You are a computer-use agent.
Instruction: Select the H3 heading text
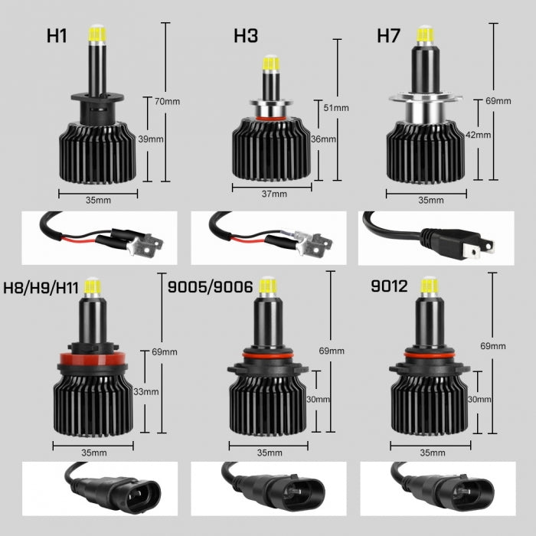pyautogui.click(x=245, y=35)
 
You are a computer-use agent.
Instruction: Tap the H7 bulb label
pyautogui.click(x=388, y=35)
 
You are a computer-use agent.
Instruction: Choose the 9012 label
pyautogui.click(x=388, y=289)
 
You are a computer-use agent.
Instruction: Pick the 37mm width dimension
pyautogui.click(x=273, y=194)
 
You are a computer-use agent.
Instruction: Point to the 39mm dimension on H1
pyautogui.click(x=151, y=139)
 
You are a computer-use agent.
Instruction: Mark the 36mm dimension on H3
pyautogui.click(x=324, y=139)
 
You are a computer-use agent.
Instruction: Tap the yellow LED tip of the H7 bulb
pyautogui.click(x=424, y=34)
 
